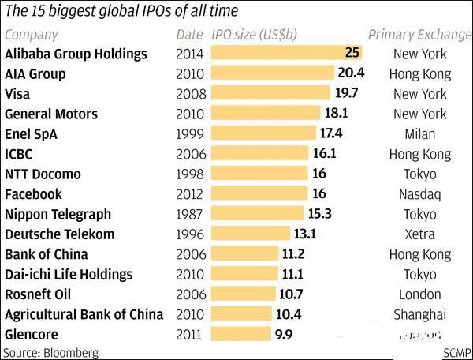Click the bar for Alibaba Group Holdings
tap(288, 54)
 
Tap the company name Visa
tap(18, 94)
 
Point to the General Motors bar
tap(267, 114)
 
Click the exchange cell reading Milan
tap(420, 134)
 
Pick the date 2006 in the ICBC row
tap(189, 155)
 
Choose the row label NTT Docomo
tap(43, 174)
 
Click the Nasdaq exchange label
tap(420, 194)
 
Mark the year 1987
tap(189, 215)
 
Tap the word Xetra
tap(420, 234)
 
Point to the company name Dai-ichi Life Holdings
tap(69, 275)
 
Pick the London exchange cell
tap(420, 294)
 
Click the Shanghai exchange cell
tap(420, 314)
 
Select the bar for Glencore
tap(239, 334)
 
